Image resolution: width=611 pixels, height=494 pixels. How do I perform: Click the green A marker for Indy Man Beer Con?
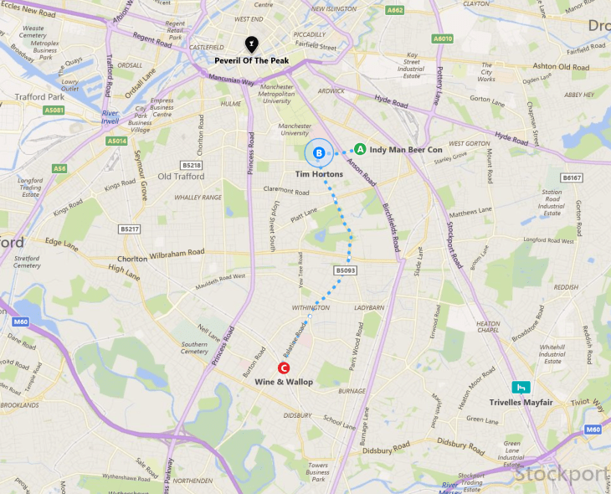tap(360, 149)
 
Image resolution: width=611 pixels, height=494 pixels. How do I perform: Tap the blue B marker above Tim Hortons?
tap(319, 152)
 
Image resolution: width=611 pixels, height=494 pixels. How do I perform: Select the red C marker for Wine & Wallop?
tap(284, 368)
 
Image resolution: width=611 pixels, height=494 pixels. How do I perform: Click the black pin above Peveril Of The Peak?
tap(250, 44)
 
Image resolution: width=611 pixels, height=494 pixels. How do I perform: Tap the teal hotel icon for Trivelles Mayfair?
tap(522, 387)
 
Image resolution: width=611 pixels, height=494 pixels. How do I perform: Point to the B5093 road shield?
tap(346, 270)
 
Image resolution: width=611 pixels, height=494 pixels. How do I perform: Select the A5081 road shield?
tap(54, 110)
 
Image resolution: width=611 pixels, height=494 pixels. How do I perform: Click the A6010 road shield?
tap(443, 39)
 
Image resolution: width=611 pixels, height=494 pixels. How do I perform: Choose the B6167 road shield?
tap(572, 178)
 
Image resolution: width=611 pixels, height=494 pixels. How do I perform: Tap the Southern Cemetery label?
tap(194, 347)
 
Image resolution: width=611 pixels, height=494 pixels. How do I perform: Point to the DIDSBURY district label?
tap(297, 415)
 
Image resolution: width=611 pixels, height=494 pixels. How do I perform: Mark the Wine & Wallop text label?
tap(284, 382)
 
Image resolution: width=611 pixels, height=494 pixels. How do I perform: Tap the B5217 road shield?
tap(129, 229)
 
